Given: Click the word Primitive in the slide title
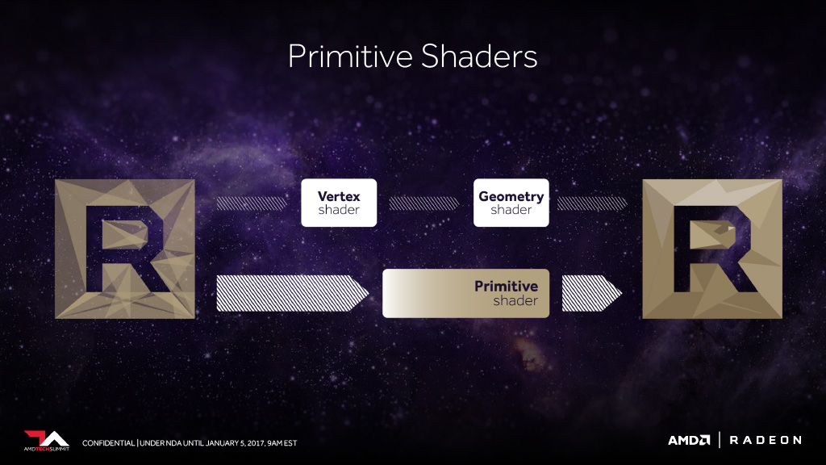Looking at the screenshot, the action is click(x=350, y=57).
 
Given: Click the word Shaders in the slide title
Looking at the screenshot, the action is click(x=479, y=57).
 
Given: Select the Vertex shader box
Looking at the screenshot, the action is click(x=339, y=203).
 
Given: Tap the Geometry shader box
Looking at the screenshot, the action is click(x=511, y=203).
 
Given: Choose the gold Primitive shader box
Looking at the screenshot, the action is click(x=465, y=294).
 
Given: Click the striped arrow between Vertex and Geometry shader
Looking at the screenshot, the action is click(x=424, y=203).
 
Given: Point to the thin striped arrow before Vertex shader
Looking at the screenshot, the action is click(x=252, y=203).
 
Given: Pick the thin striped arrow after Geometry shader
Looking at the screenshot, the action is click(x=592, y=203).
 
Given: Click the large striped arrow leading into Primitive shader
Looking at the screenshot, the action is click(x=292, y=293).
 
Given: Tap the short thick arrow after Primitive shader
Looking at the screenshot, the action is click(x=592, y=293).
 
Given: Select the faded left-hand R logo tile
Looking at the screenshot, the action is click(x=125, y=249).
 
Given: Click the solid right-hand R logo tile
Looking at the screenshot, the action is click(x=712, y=249).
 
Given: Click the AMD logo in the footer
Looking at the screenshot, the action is click(x=689, y=440).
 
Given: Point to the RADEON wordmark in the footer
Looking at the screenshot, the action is click(x=766, y=440).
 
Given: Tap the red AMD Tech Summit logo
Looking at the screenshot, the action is click(x=46, y=441).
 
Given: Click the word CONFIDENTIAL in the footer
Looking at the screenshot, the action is click(x=109, y=443).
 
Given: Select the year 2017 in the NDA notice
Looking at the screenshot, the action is click(x=256, y=443).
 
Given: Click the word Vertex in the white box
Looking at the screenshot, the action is click(x=339, y=196).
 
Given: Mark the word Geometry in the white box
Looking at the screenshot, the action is click(x=511, y=197).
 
